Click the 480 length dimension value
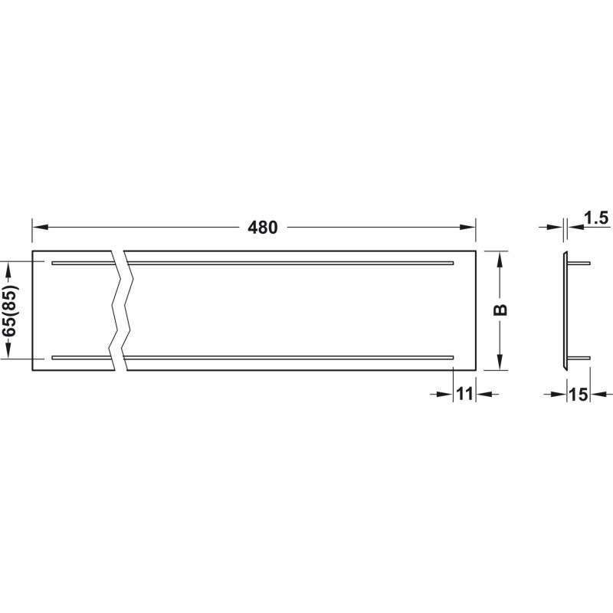click(262, 227)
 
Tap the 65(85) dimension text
click(9, 310)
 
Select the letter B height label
click(500, 310)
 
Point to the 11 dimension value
click(465, 394)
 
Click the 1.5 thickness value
click(596, 218)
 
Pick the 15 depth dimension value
click(579, 395)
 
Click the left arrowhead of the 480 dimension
click(40, 227)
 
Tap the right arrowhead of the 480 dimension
click(468, 227)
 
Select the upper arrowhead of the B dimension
click(500, 259)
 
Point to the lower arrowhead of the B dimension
click(500, 362)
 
